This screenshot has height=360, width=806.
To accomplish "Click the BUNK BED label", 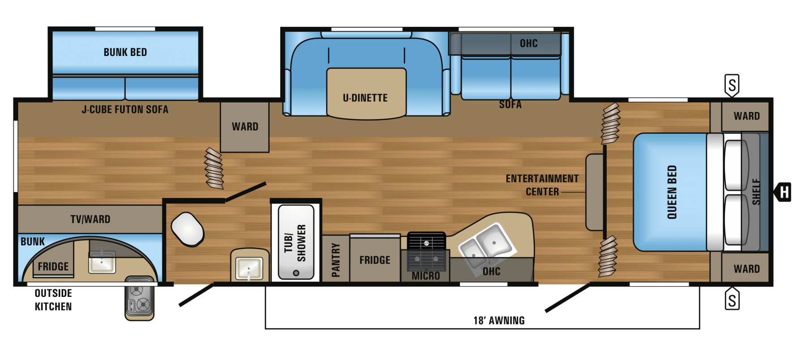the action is point(125,52).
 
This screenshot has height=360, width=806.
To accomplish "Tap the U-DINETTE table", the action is point(366,94).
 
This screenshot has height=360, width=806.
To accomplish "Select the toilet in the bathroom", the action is point(188,229).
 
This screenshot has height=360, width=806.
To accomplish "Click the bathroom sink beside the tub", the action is point(249,266).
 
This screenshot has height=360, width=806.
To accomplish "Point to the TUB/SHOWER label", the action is point(296,243).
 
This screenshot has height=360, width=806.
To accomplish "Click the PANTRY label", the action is point(336,260).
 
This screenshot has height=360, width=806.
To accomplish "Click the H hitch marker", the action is point(783,192).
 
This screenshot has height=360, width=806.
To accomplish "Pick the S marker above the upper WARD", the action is point(732,85).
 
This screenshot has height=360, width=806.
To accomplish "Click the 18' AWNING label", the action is point(499,321).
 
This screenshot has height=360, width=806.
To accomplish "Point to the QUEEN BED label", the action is point(672,193).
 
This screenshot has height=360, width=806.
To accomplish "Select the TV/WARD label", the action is point(90,219).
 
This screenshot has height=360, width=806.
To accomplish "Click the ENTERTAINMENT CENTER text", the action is point(542,185).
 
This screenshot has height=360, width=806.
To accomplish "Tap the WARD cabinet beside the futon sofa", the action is point(244,127).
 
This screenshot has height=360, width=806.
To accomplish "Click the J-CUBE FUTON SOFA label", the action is point(125,110).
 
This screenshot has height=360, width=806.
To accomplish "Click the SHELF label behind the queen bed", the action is point(756,192).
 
